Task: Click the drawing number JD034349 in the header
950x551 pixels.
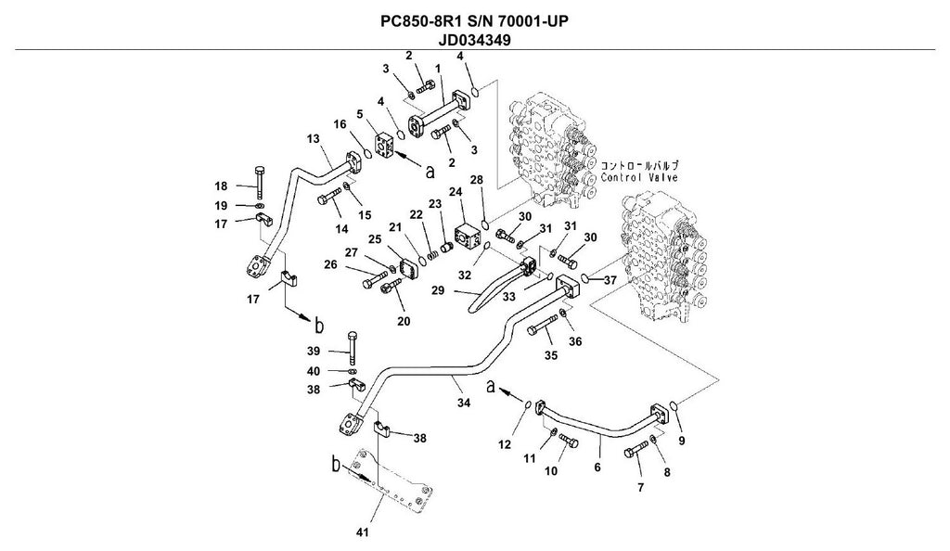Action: [475, 40]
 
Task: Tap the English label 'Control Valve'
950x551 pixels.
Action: [639, 177]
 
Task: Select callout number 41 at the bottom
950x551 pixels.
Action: [362, 532]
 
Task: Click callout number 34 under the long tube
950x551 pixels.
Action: [464, 403]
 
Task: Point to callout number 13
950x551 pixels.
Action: [313, 138]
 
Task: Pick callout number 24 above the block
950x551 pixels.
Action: [456, 192]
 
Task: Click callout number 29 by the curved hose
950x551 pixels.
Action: [438, 290]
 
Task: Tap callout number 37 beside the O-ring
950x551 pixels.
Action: [610, 280]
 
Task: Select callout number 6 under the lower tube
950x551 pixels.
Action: [597, 468]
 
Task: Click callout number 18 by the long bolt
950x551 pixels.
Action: [221, 186]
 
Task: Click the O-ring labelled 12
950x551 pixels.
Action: [528, 404]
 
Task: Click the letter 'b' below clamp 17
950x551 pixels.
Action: [318, 326]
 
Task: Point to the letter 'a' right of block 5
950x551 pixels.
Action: [430, 172]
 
